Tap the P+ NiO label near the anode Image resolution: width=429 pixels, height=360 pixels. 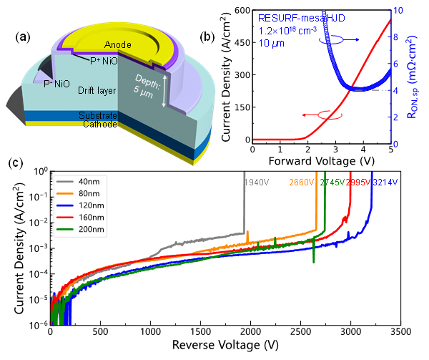click(105, 62)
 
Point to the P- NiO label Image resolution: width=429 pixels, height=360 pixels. click(58, 84)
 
